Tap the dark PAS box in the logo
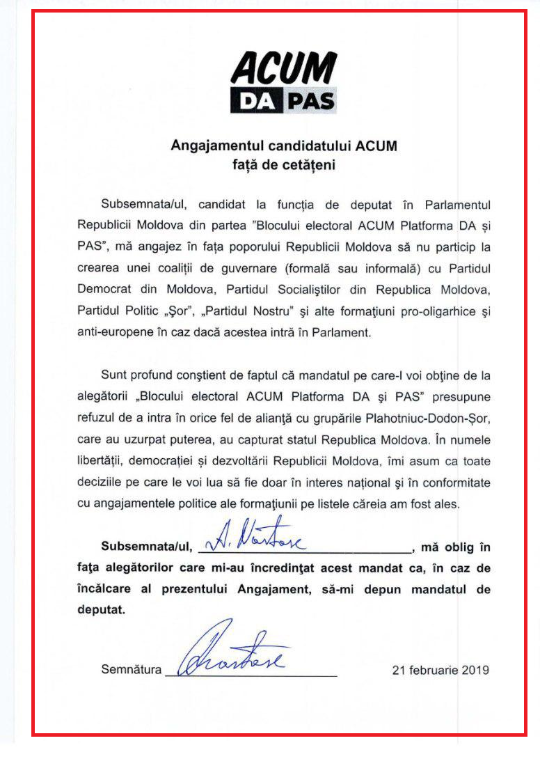(x=310, y=101)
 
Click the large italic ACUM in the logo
(x=284, y=70)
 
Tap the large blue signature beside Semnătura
(x=233, y=651)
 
